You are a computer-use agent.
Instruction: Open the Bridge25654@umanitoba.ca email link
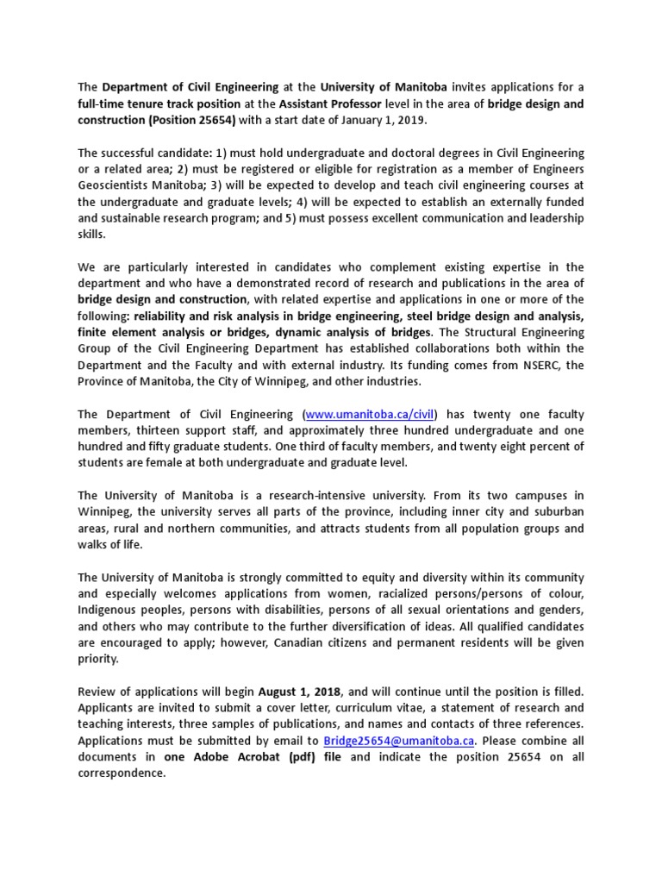pyautogui.click(x=399, y=741)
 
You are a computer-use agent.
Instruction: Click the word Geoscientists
pyautogui.click(x=118, y=185)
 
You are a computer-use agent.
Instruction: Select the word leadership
pyautogui.click(x=553, y=217)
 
